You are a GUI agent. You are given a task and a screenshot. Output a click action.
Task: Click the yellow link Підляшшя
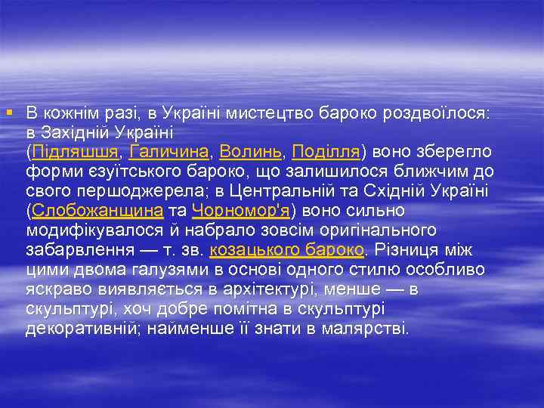(76, 151)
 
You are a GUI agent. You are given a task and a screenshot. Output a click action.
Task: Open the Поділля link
(326, 151)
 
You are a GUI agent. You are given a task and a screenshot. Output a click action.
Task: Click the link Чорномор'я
(242, 210)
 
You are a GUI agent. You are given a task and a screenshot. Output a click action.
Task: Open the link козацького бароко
(286, 249)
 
